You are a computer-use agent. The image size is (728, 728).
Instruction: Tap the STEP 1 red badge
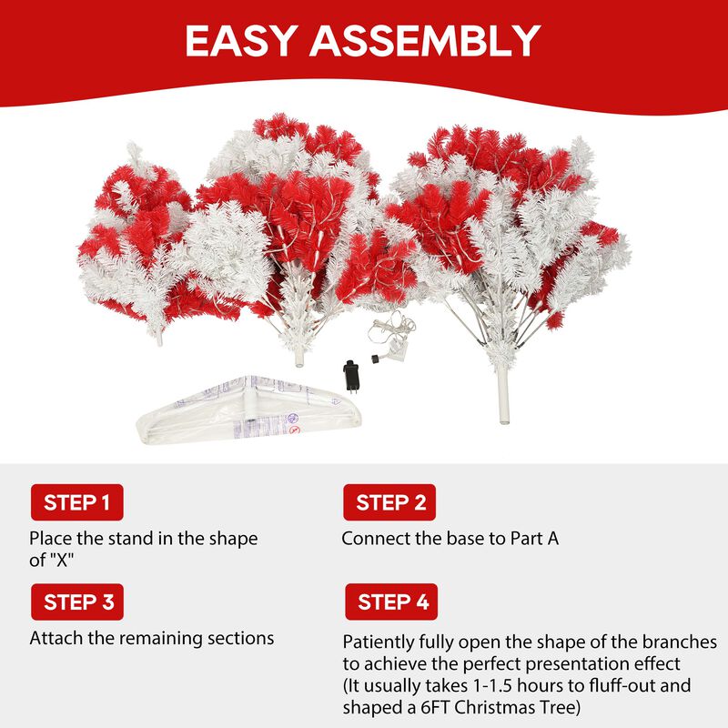pos(76,502)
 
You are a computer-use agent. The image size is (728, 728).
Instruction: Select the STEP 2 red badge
pos(389,502)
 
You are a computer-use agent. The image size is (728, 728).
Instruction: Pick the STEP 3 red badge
pos(76,602)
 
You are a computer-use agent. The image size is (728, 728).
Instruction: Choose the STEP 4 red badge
pos(390,602)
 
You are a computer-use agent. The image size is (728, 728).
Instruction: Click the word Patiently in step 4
pos(379,642)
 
